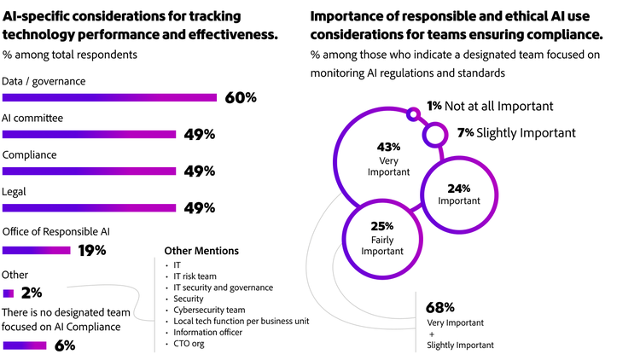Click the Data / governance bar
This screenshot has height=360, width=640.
(x=110, y=97)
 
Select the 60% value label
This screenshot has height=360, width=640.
(x=241, y=97)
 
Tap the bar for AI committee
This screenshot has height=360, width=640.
(x=89, y=134)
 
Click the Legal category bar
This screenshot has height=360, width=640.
(x=89, y=207)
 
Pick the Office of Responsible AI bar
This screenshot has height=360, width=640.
(x=36, y=250)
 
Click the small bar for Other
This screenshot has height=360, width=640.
(x=9, y=293)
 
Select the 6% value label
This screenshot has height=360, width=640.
(x=64, y=345)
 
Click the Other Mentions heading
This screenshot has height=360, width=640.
(x=201, y=251)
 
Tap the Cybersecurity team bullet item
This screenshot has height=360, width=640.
(x=208, y=310)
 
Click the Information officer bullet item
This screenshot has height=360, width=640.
(x=207, y=332)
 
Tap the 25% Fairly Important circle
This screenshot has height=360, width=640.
(x=381, y=238)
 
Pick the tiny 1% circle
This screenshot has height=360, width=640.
(x=414, y=113)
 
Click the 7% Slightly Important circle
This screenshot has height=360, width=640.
(x=435, y=134)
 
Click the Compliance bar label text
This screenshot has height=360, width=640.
(x=30, y=155)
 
